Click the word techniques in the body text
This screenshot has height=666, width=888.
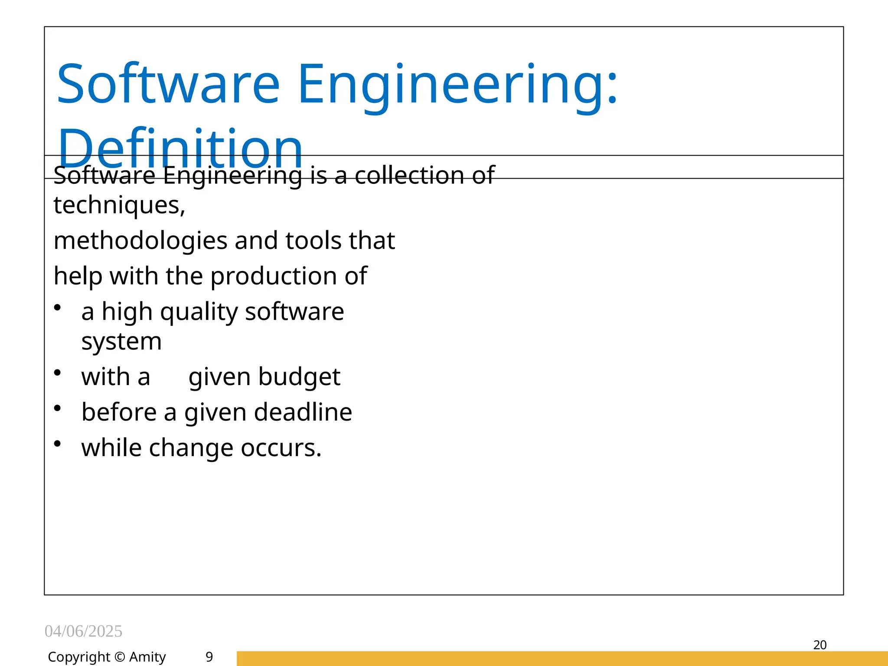tap(119, 205)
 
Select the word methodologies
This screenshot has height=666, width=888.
tap(140, 241)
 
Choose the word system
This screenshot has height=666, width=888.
tap(121, 341)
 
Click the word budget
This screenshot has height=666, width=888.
tap(299, 376)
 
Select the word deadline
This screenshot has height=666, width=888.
tap(303, 412)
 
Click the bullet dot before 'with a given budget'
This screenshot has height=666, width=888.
tap(57, 372)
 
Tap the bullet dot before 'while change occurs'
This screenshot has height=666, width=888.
tap(57, 444)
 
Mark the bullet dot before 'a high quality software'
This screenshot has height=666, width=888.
tap(57, 307)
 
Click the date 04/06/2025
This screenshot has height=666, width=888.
tap(83, 631)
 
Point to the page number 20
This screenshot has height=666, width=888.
tap(820, 645)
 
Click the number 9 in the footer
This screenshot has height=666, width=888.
tap(209, 657)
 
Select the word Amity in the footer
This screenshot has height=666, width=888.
tap(147, 657)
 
